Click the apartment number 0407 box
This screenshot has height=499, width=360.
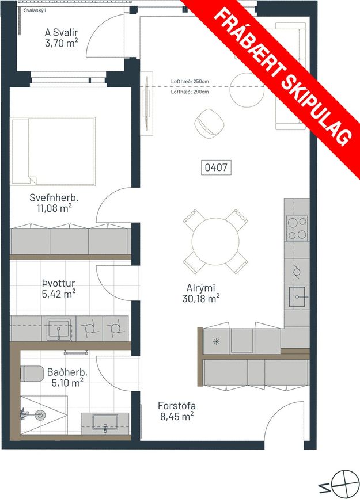216,167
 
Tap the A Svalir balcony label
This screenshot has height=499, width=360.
62,37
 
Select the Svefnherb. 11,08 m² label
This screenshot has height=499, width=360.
54,203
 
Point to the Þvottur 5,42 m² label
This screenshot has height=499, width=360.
59,289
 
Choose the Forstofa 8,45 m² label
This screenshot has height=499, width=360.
177,411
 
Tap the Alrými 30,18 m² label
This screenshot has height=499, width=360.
200,293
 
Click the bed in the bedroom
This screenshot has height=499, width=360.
53,151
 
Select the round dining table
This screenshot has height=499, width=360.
215,241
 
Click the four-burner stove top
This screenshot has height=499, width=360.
297,228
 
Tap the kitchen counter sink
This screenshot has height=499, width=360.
299,297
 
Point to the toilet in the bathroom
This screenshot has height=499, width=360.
32,374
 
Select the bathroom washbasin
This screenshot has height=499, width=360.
105,422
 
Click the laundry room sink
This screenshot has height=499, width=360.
59,329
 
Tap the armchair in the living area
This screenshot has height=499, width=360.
209,123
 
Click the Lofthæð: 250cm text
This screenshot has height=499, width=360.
190,82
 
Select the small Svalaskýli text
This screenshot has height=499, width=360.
35,10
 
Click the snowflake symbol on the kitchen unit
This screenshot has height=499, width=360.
217,342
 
